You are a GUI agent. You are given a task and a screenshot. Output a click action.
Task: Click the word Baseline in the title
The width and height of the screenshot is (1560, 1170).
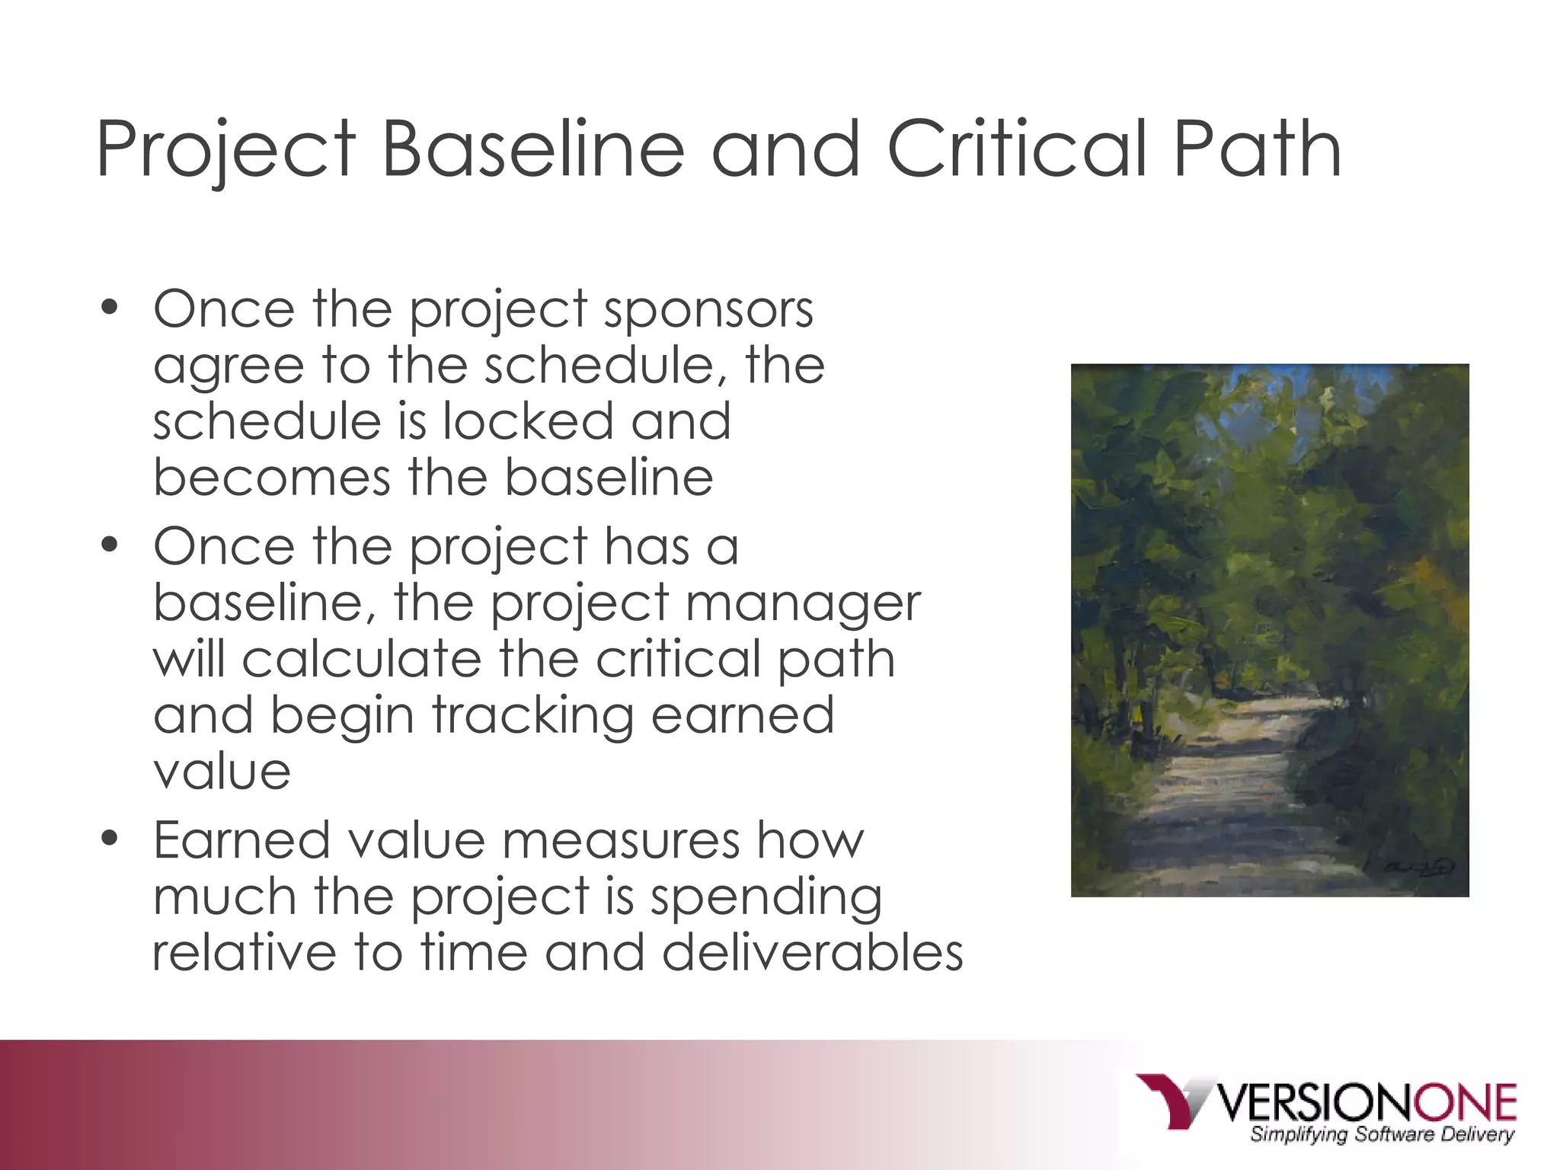(532, 149)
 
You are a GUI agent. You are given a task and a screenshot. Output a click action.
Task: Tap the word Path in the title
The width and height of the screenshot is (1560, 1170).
(1257, 149)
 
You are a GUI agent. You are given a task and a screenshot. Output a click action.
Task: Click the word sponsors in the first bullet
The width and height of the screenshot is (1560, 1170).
(708, 311)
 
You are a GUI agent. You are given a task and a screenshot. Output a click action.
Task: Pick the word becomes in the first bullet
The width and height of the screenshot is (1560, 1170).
(271, 478)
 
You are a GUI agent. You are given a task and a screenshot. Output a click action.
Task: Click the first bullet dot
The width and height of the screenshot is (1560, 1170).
(110, 308)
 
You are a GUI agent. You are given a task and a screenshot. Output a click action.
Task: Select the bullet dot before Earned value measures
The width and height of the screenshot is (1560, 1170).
(110, 839)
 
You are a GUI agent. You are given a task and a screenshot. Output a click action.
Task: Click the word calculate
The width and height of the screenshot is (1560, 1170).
(362, 659)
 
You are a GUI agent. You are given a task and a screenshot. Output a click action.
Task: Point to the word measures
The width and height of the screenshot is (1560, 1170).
(620, 841)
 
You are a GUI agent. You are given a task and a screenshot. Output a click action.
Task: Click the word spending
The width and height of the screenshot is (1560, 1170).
(766, 897)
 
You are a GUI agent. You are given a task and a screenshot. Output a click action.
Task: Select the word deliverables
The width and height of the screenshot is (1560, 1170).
(813, 953)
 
